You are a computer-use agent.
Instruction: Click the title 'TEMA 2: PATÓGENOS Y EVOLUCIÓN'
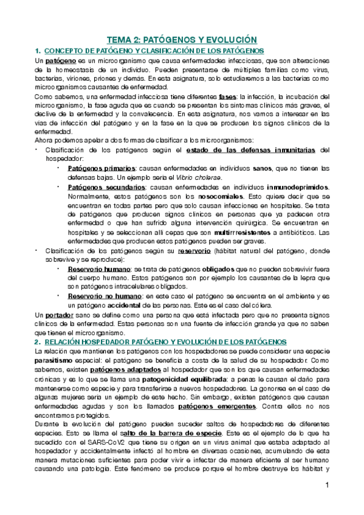click(x=182, y=38)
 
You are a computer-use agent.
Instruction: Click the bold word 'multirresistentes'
click(x=240, y=233)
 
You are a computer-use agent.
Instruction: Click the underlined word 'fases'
click(x=227, y=96)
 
